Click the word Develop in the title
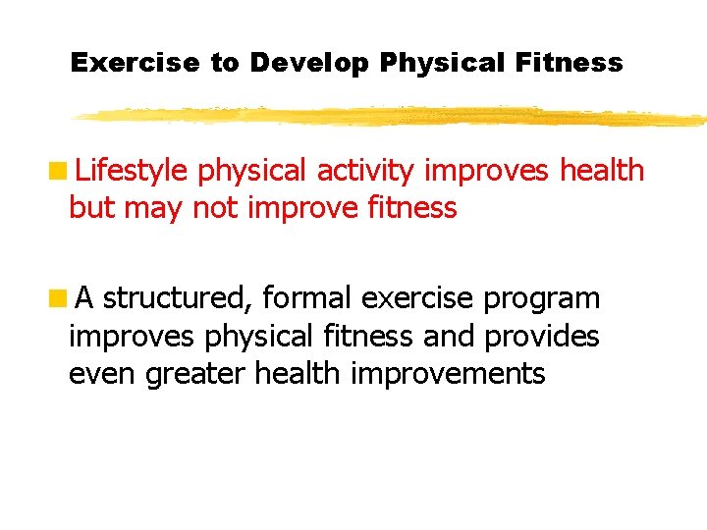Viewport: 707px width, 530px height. [308, 63]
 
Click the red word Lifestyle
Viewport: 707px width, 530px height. [132, 171]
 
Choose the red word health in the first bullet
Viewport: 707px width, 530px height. [601, 171]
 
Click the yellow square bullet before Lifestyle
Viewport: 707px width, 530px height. [60, 170]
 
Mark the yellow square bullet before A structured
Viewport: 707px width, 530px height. [60, 295]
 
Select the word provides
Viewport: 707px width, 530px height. [541, 336]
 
